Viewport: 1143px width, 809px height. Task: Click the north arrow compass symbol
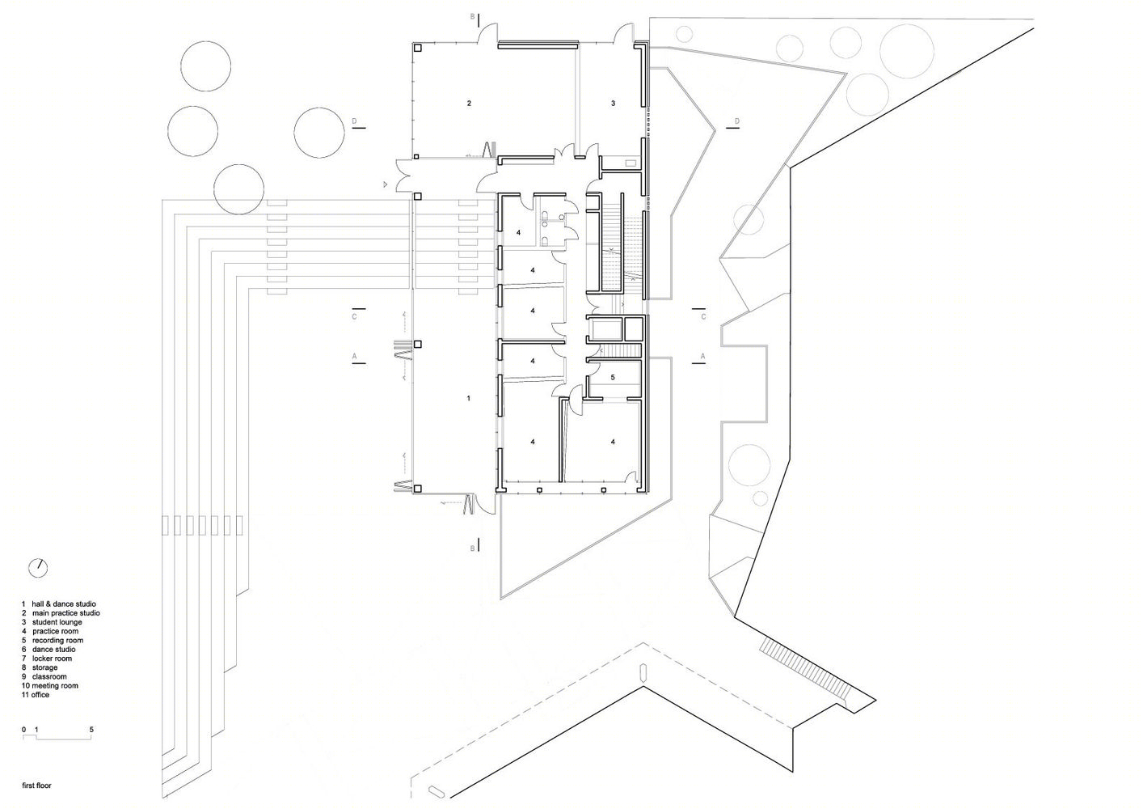(x=38, y=568)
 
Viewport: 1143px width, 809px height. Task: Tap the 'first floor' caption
(x=36, y=785)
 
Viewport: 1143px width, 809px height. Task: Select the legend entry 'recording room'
(x=53, y=640)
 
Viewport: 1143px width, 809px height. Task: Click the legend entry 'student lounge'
(x=52, y=622)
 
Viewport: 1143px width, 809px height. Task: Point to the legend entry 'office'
(x=36, y=695)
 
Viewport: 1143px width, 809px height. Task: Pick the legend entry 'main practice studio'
(x=61, y=613)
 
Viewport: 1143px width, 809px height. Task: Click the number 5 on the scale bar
(x=92, y=730)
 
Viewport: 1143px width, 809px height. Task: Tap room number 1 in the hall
(x=469, y=398)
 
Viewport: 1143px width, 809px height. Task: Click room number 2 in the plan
(x=470, y=104)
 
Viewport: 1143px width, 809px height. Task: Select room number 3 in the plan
(x=613, y=104)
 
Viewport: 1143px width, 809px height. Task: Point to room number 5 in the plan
(x=613, y=378)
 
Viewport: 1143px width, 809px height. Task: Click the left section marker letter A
(x=355, y=356)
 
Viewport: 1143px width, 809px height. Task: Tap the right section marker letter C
(x=703, y=316)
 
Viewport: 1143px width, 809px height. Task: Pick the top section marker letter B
(x=473, y=17)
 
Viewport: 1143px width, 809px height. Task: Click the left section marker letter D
(x=355, y=121)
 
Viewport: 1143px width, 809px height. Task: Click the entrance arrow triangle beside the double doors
(x=386, y=184)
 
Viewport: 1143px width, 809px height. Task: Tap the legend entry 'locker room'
(x=47, y=659)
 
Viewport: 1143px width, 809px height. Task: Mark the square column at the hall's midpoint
(x=418, y=345)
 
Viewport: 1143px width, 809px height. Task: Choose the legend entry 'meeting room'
(x=50, y=685)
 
